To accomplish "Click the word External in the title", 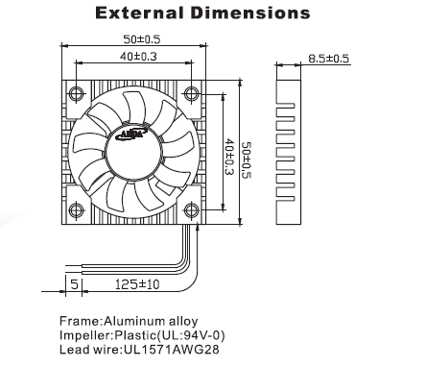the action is (139, 13).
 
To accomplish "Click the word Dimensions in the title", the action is (250, 13).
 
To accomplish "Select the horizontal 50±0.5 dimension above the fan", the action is (142, 39).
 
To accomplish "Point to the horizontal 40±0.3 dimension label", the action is (138, 57).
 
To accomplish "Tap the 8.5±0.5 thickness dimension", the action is (329, 59).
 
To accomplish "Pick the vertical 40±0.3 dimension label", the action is (229, 157).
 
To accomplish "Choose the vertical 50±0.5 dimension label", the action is (247, 160).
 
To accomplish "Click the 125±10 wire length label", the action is (137, 284).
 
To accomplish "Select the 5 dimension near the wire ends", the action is (74, 283).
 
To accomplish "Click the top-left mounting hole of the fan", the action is (77, 94).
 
